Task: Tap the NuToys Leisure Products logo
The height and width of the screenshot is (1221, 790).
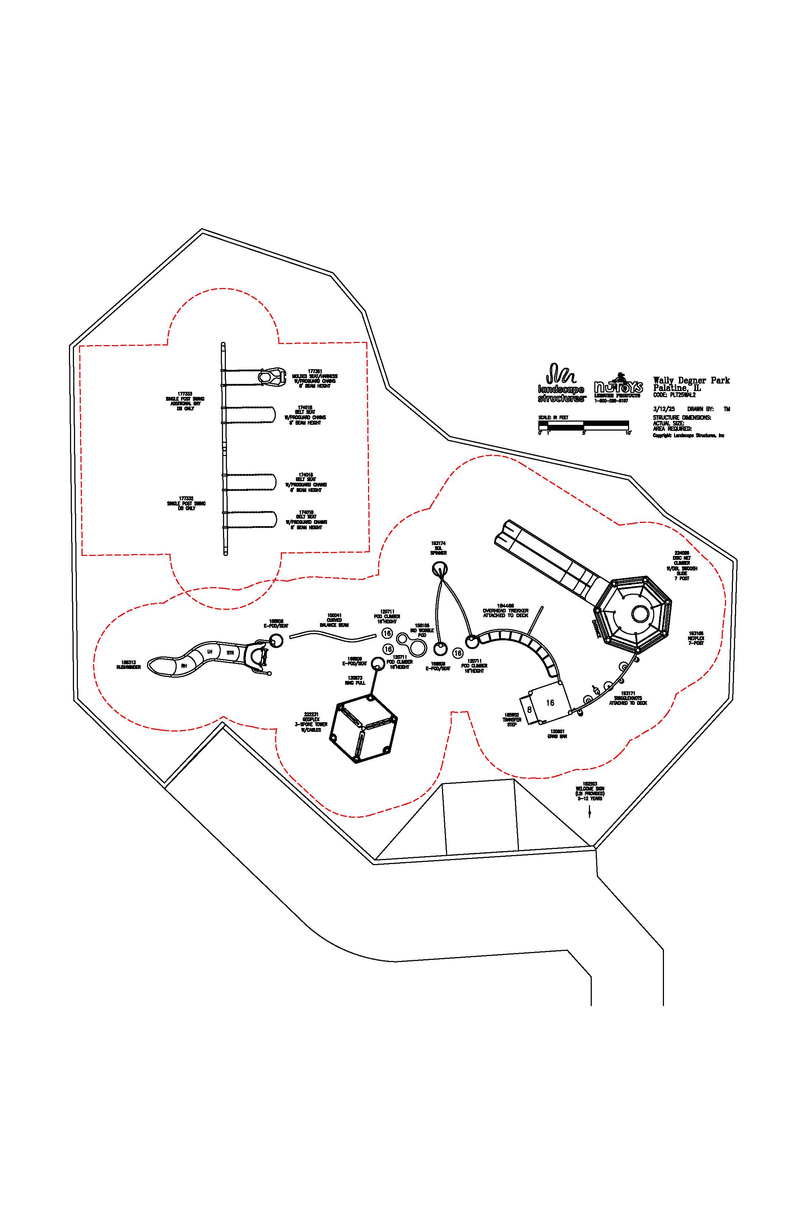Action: pyautogui.click(x=618, y=388)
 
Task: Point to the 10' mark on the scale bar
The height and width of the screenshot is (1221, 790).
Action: pyautogui.click(x=628, y=433)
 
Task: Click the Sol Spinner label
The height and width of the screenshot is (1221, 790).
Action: pyautogui.click(x=438, y=548)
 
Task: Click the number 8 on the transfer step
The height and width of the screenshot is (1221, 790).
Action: pyautogui.click(x=529, y=710)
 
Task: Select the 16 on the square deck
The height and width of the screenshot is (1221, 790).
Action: pyautogui.click(x=550, y=703)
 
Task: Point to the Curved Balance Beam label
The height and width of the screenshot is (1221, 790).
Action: pyautogui.click(x=334, y=620)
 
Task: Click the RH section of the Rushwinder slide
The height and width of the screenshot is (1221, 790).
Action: pyautogui.click(x=183, y=665)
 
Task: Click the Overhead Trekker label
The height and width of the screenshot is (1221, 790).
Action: pyautogui.click(x=505, y=613)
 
